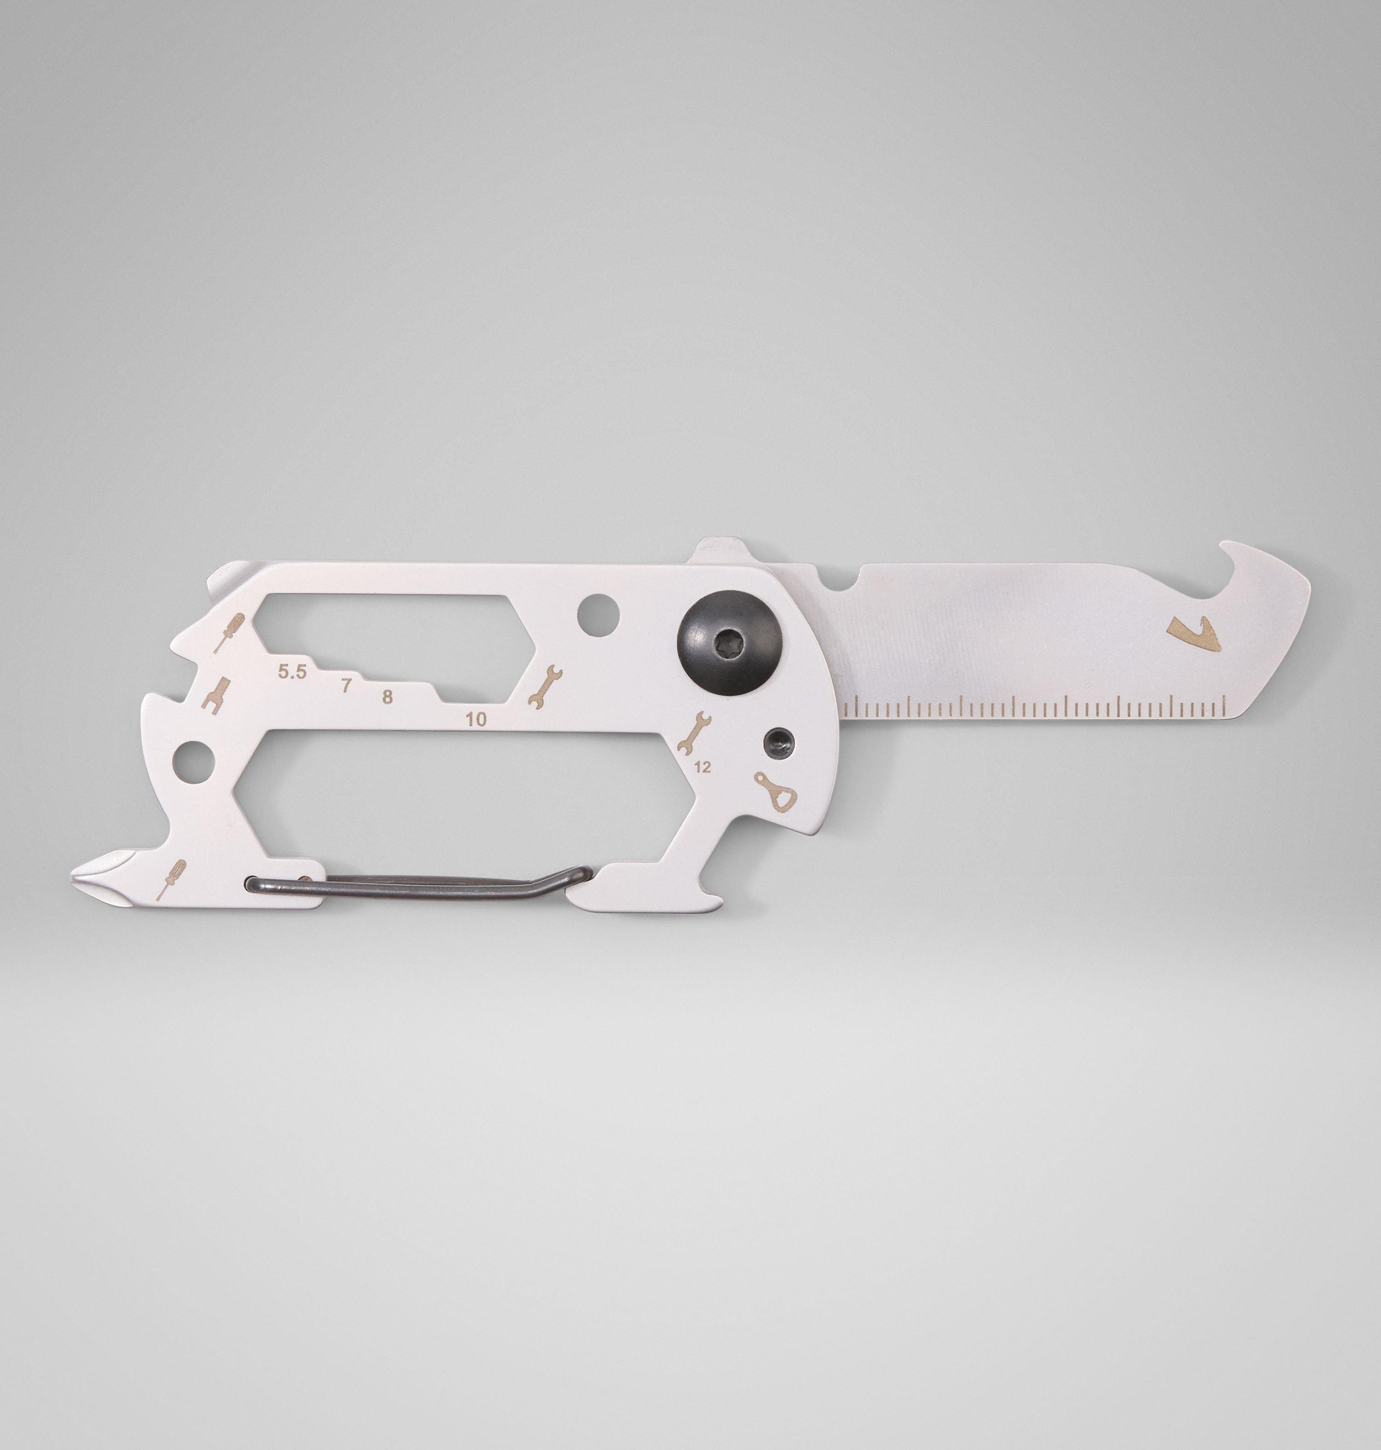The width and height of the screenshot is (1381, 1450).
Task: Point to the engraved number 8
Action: (x=387, y=696)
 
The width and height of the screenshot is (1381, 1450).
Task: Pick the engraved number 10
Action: (x=476, y=719)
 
